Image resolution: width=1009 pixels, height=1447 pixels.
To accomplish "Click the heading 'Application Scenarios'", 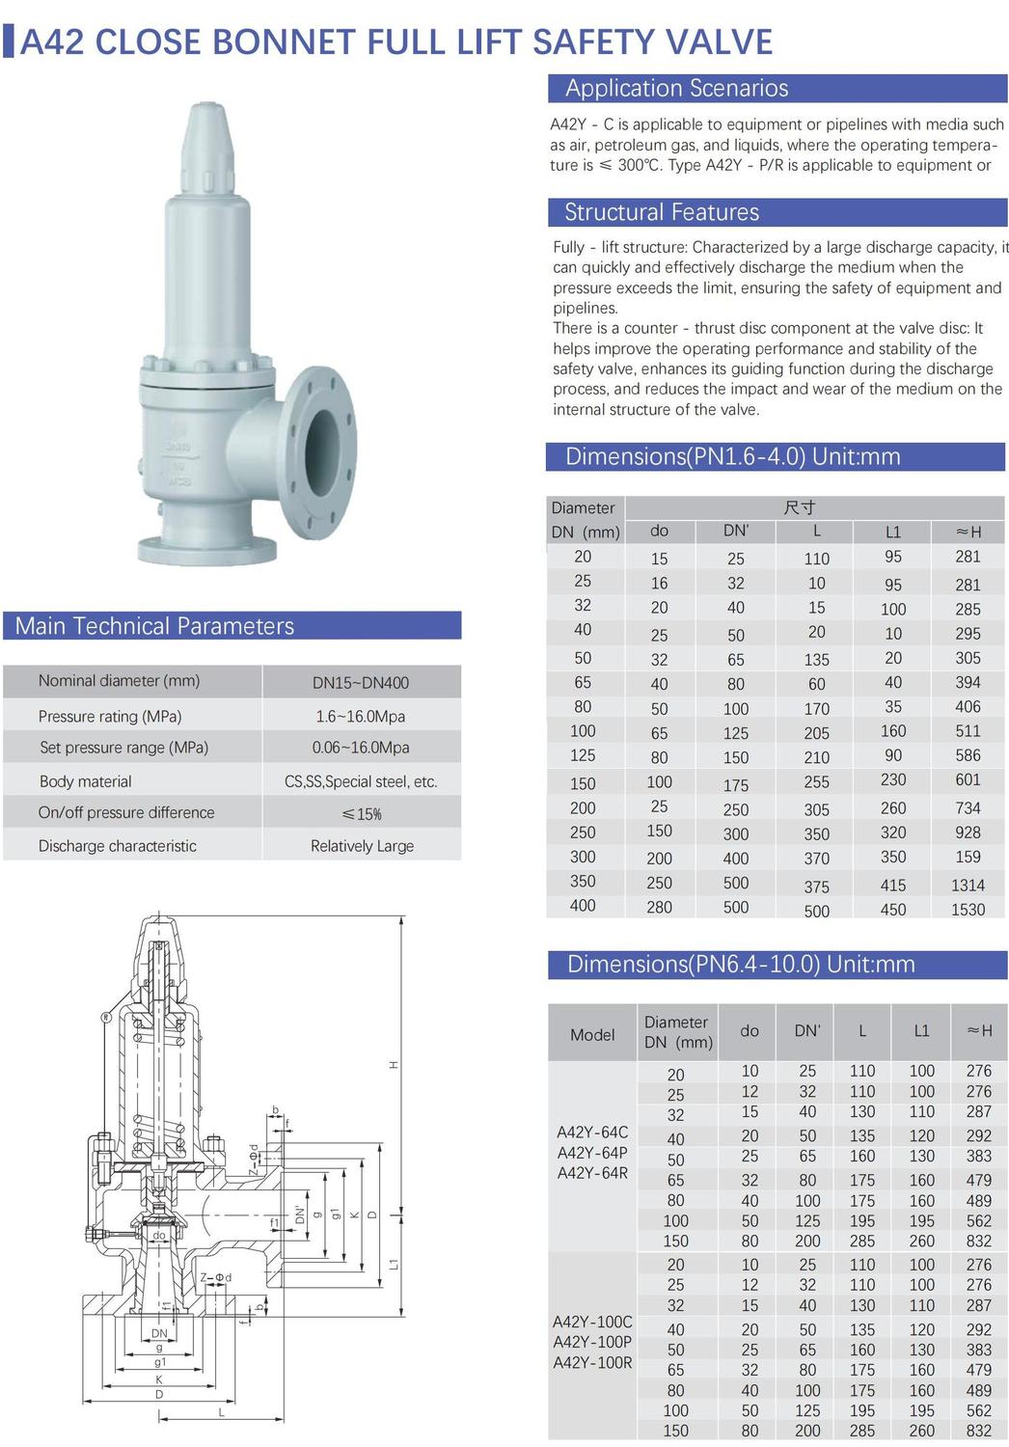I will click(x=676, y=89).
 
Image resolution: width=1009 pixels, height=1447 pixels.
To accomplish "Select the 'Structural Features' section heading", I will click(x=661, y=212).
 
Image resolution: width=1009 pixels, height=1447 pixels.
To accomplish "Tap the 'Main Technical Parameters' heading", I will click(x=154, y=626).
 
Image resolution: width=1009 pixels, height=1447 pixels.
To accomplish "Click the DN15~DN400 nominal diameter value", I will click(x=361, y=683).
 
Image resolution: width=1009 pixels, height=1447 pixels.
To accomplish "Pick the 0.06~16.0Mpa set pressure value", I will click(x=361, y=748).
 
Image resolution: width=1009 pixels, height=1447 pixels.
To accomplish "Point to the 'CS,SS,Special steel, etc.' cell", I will click(x=361, y=781).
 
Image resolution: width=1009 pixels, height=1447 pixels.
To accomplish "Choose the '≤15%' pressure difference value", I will click(x=362, y=814).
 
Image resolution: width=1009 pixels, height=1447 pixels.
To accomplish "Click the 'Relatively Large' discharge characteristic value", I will click(x=362, y=846).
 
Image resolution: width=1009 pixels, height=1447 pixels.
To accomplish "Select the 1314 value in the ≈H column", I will click(x=968, y=886).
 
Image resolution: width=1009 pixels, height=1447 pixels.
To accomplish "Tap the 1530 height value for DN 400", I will click(x=968, y=910).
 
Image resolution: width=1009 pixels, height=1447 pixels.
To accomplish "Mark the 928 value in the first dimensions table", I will click(x=968, y=833).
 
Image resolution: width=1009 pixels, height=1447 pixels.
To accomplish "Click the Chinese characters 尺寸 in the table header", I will click(x=800, y=507).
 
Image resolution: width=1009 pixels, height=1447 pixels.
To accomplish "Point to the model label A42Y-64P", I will click(x=592, y=1153).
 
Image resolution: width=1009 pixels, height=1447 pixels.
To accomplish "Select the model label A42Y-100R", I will click(x=592, y=1363).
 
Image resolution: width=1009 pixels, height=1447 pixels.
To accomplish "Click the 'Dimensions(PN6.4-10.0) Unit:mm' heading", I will click(x=741, y=965).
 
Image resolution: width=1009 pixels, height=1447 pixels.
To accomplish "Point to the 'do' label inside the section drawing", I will click(x=159, y=1236).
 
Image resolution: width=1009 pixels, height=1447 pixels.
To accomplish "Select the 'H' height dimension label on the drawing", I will click(x=394, y=1065).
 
